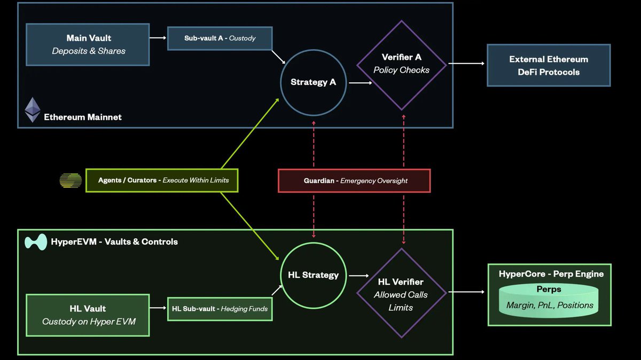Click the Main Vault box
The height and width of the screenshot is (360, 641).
pyautogui.click(x=88, y=44)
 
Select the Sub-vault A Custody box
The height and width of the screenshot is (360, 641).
pyautogui.click(x=220, y=38)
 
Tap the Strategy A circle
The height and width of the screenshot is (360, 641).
pyautogui.click(x=313, y=82)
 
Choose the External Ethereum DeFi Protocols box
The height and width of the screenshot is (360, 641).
pyautogui.click(x=548, y=65)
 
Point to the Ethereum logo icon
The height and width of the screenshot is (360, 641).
pyautogui.click(x=33, y=109)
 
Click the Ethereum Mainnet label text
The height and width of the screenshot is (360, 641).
pyautogui.click(x=83, y=117)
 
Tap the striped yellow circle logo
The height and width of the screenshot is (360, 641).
pyautogui.click(x=70, y=181)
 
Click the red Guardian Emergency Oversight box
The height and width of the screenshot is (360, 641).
pyautogui.click(x=354, y=181)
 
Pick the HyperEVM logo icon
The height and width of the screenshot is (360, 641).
pyautogui.click(x=36, y=242)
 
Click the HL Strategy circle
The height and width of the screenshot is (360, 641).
pyautogui.click(x=313, y=275)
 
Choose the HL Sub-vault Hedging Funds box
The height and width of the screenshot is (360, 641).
pyautogui.click(x=220, y=309)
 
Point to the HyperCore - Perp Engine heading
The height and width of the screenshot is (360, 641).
pyautogui.click(x=551, y=274)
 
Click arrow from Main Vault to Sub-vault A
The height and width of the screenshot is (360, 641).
pyautogui.click(x=158, y=38)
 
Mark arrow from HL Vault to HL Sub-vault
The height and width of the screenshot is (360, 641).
pyautogui.click(x=158, y=308)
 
